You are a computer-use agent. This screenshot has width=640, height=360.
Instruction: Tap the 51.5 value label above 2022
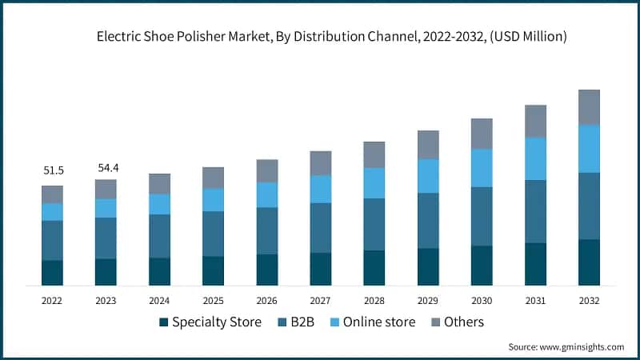pos(53,171)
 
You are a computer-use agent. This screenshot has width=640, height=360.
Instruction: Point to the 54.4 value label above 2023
pos(106,168)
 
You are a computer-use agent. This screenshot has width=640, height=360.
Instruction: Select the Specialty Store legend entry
pos(210,322)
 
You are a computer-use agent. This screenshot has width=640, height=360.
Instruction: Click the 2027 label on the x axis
pos(321,301)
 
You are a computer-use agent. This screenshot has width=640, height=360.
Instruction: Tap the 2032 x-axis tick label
pos(589,301)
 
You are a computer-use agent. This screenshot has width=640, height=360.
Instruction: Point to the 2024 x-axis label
pos(160,301)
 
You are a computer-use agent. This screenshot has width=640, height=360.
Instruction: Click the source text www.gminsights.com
pos(566,346)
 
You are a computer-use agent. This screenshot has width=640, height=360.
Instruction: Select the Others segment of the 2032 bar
pos(589,107)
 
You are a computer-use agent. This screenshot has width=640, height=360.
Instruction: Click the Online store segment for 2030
pos(482,168)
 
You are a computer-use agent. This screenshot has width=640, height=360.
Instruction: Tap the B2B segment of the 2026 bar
pos(267,231)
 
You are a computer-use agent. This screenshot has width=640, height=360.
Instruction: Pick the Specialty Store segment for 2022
pos(53,273)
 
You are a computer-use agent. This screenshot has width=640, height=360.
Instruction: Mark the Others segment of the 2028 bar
pos(374,154)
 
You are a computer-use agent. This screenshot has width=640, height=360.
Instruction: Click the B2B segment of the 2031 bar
pos(535,211)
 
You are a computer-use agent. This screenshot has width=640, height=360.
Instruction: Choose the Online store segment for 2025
pos(214,200)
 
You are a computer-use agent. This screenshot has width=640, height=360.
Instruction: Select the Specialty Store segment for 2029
pos(428,267)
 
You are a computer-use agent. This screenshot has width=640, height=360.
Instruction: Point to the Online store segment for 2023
pos(106,208)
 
